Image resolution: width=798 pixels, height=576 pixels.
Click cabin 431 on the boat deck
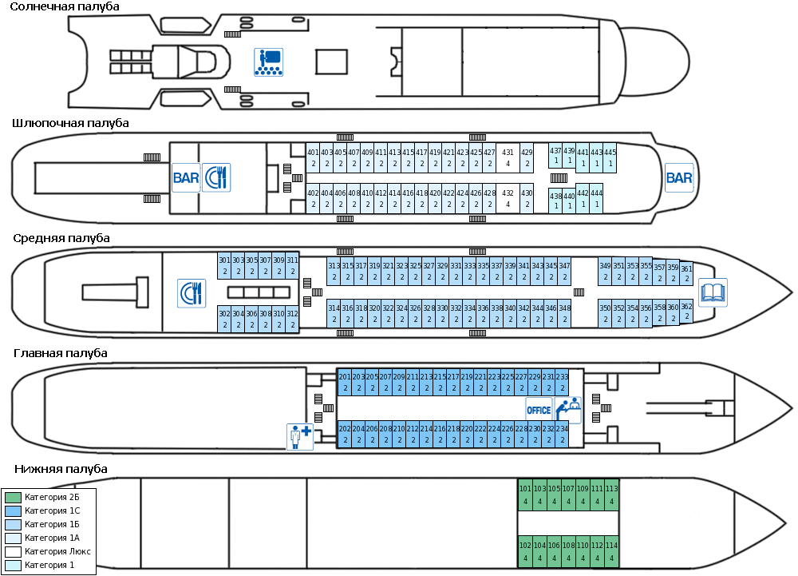tap(508, 157)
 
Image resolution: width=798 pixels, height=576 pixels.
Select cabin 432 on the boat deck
tap(508, 198)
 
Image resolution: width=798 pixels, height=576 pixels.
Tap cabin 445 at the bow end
tap(610, 157)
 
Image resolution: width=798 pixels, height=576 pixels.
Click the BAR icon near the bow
tap(679, 177)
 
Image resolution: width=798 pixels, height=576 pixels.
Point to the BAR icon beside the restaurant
tap(186, 177)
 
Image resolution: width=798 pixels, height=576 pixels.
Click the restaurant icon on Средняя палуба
tap(192, 293)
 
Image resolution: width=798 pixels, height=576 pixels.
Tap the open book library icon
tap(713, 293)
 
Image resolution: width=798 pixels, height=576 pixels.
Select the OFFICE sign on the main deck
tap(539, 410)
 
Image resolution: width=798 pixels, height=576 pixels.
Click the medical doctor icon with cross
tap(300, 437)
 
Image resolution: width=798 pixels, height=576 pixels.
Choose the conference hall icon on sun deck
tap(268, 62)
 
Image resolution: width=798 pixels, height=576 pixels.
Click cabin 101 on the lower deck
tap(525, 494)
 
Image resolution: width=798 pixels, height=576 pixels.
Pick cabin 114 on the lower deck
tap(612, 551)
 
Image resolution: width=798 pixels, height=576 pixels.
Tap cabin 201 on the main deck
tap(345, 382)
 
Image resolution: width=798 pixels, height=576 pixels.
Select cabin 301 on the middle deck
tap(224, 265)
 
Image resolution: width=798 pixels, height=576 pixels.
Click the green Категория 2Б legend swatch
tap(13, 497)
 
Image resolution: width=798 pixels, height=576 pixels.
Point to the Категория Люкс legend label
tap(57, 551)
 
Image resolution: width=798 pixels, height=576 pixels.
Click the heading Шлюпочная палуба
tap(70, 123)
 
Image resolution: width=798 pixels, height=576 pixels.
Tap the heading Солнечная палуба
tap(65, 6)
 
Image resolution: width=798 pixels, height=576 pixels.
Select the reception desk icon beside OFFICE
tap(567, 410)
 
